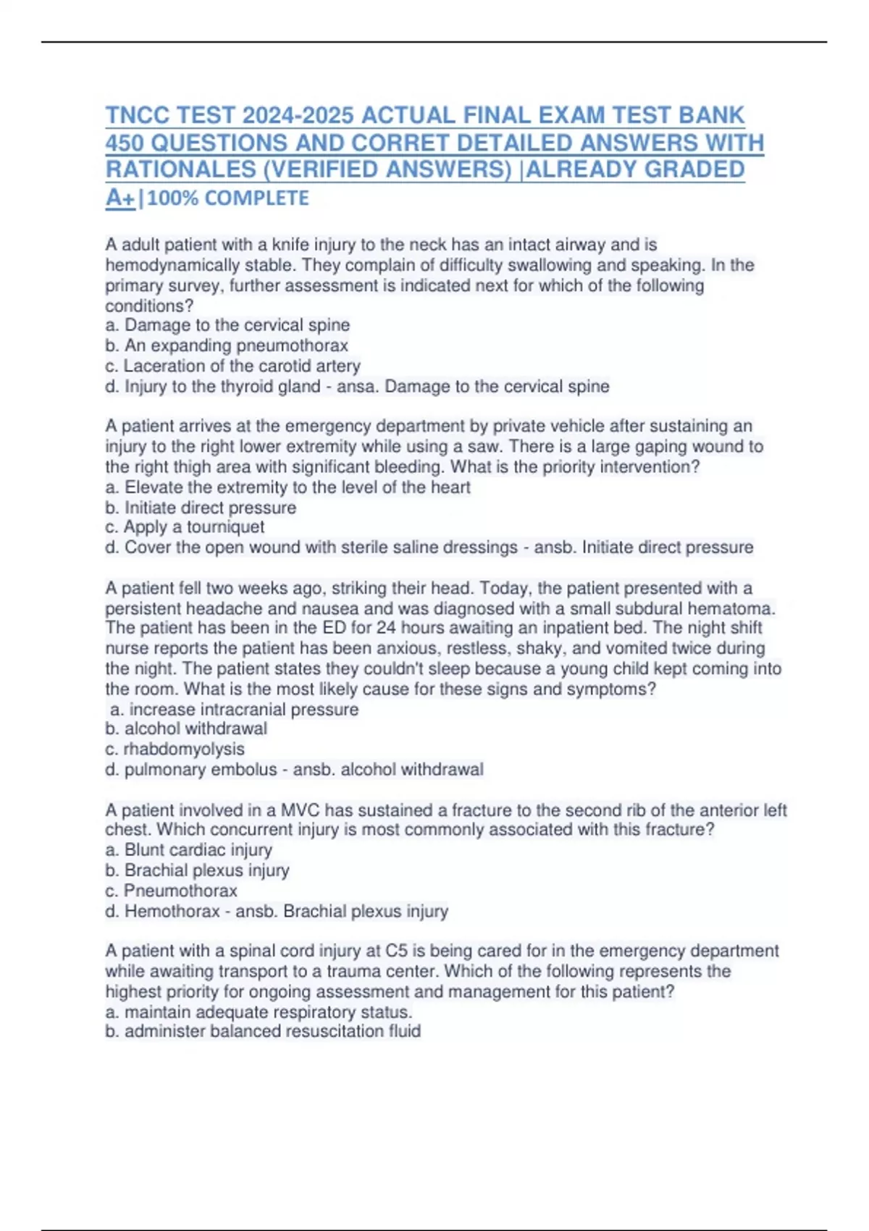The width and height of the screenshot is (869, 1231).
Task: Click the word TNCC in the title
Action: pyautogui.click(x=138, y=116)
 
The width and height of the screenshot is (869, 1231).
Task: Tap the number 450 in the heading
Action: pyautogui.click(x=125, y=143)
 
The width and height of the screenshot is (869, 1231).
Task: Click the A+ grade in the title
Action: pyautogui.click(x=119, y=197)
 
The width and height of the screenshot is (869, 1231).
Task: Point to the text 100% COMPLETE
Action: pyautogui.click(x=227, y=198)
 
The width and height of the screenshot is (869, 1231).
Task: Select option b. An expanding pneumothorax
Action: pyautogui.click(x=227, y=345)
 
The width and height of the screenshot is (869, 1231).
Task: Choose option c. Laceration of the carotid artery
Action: pyautogui.click(x=232, y=366)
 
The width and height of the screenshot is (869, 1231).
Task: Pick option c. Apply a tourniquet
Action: pyautogui.click(x=185, y=526)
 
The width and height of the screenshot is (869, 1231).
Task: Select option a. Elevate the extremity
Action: pyautogui.click(x=287, y=487)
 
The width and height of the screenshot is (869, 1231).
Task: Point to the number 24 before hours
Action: pyautogui.click(x=386, y=628)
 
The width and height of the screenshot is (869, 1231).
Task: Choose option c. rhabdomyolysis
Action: pyautogui.click(x=175, y=749)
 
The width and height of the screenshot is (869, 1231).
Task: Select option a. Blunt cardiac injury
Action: pyautogui.click(x=188, y=849)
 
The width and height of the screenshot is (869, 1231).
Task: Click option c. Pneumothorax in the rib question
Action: pyautogui.click(x=171, y=890)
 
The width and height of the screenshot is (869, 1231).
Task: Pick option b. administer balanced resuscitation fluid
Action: pyautogui.click(x=263, y=1031)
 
